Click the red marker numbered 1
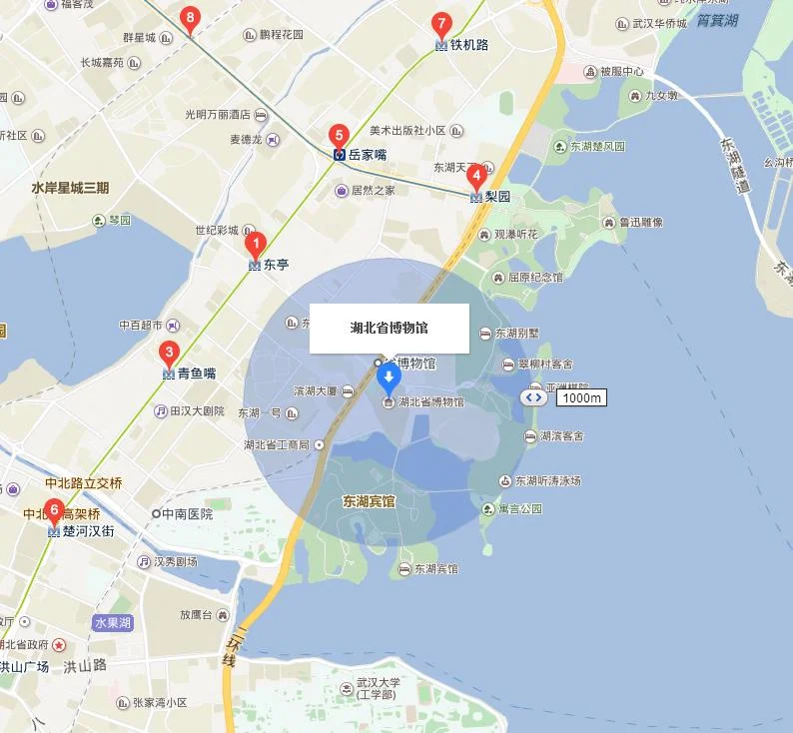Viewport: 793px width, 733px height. (x=255, y=243)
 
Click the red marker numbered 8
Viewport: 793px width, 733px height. (x=190, y=17)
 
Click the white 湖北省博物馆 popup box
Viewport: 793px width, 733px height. (x=389, y=328)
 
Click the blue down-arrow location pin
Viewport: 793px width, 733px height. (x=389, y=377)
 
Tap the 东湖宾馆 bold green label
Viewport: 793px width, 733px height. (x=369, y=500)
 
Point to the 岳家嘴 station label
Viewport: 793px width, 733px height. (x=367, y=155)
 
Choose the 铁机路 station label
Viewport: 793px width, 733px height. (x=468, y=45)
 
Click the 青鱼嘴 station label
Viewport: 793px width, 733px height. (x=197, y=373)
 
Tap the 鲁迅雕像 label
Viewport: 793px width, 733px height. (x=640, y=223)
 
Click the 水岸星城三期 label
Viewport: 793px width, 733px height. (x=70, y=188)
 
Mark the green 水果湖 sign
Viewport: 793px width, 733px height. (x=113, y=622)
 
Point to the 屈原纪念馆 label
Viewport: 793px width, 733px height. (x=535, y=277)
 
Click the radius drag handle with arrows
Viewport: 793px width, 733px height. (x=533, y=396)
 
